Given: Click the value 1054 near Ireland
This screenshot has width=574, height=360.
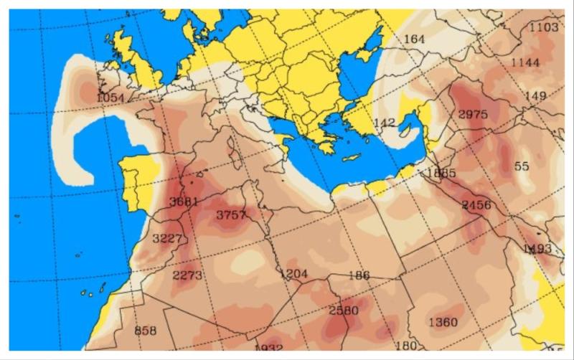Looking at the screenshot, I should (x=110, y=98).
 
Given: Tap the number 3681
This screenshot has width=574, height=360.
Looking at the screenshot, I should (x=183, y=202).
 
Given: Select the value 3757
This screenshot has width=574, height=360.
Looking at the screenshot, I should (x=232, y=215).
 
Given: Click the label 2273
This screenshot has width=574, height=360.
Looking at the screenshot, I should (x=187, y=275).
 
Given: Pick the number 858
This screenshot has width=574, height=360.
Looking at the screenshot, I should (x=145, y=331).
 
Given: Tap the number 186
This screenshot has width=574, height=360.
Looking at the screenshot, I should (x=358, y=275).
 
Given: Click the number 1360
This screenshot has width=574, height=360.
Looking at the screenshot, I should (x=442, y=322).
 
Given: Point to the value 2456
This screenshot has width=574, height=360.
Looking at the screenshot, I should (x=476, y=205).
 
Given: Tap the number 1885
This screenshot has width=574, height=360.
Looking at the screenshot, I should (x=441, y=173).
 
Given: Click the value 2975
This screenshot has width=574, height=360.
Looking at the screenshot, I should (x=472, y=114).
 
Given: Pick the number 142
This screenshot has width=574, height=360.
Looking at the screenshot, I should (x=385, y=123).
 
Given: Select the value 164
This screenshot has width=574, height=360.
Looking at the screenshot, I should (x=415, y=39).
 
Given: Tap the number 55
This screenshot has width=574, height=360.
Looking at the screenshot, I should (x=522, y=166).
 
